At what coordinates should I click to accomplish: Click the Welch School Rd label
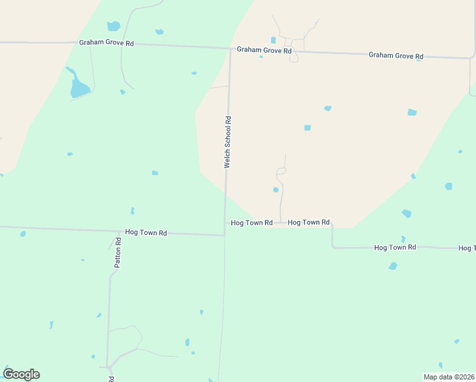[227, 141]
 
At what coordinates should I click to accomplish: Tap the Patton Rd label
[118, 252]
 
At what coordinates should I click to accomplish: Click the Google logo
[22, 374]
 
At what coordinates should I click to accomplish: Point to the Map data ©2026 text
[449, 377]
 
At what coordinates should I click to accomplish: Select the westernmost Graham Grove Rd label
[106, 43]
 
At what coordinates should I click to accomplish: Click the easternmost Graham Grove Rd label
[396, 55]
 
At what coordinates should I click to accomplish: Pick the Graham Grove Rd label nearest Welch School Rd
[264, 50]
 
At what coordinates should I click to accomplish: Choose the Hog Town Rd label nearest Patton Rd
[146, 233]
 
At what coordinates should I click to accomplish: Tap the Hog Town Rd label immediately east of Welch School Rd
[251, 223]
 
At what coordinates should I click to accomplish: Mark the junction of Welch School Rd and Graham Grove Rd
[230, 48]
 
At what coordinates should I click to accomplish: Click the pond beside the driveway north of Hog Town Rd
[276, 190]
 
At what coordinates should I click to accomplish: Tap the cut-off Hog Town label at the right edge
[466, 248]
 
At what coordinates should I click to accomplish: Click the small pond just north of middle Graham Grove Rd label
[274, 40]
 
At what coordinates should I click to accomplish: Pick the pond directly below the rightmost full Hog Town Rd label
[393, 266]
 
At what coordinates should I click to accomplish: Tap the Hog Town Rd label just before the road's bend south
[309, 222]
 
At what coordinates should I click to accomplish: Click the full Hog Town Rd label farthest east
[395, 247]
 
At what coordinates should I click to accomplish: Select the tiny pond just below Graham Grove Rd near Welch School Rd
[261, 57]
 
